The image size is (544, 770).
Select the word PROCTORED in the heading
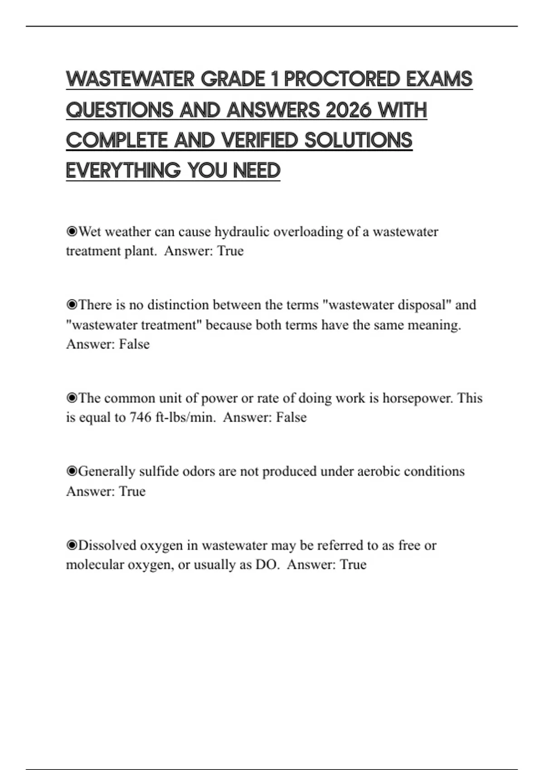(342, 79)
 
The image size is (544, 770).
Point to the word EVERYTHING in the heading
(123, 171)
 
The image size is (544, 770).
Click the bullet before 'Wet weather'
(72, 232)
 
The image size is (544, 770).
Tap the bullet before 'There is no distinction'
(72, 305)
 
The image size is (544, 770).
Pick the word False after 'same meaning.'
(134, 344)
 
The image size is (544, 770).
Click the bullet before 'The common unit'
(72, 398)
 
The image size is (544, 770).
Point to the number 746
(141, 417)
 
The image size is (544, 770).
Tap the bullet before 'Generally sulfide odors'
(72, 472)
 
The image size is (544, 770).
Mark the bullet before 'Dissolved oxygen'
(72, 545)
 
